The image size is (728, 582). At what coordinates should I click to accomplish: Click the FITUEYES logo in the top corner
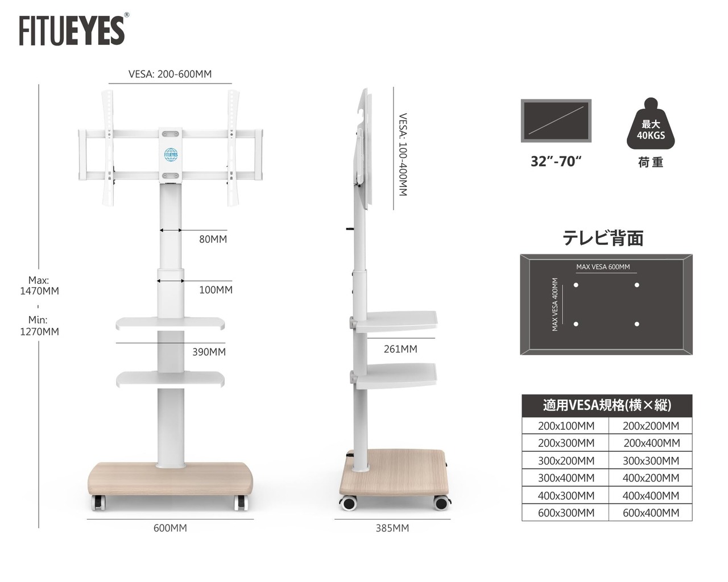point(72,30)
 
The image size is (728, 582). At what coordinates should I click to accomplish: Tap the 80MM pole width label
point(213,239)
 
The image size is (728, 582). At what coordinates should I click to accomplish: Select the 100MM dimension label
point(216,290)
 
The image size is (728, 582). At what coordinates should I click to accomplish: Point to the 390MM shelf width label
point(209,352)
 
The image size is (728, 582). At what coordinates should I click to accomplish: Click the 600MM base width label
point(170,528)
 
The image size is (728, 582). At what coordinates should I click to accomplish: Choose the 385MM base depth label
point(392,528)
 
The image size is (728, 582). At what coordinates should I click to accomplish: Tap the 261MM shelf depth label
point(400,349)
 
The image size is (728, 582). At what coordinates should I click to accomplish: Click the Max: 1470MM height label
point(39,285)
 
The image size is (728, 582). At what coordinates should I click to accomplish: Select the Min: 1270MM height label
point(39,326)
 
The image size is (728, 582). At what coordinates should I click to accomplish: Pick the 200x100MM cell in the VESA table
point(566,426)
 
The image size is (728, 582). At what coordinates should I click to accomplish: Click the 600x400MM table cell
point(651,513)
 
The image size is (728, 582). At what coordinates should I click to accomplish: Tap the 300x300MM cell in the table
point(651,460)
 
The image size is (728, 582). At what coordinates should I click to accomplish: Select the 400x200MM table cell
point(651,478)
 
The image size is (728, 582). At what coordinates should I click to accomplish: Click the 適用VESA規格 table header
point(607,405)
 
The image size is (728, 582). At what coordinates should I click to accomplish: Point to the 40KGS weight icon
point(651,130)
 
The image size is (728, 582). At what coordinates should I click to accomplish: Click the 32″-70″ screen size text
point(556,161)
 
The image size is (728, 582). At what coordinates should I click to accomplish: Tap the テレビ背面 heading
point(603,238)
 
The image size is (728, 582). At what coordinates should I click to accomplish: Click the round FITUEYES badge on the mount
point(171,153)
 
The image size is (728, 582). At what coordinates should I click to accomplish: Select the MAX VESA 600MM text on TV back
point(603,267)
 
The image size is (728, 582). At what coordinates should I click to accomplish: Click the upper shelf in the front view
point(171,324)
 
